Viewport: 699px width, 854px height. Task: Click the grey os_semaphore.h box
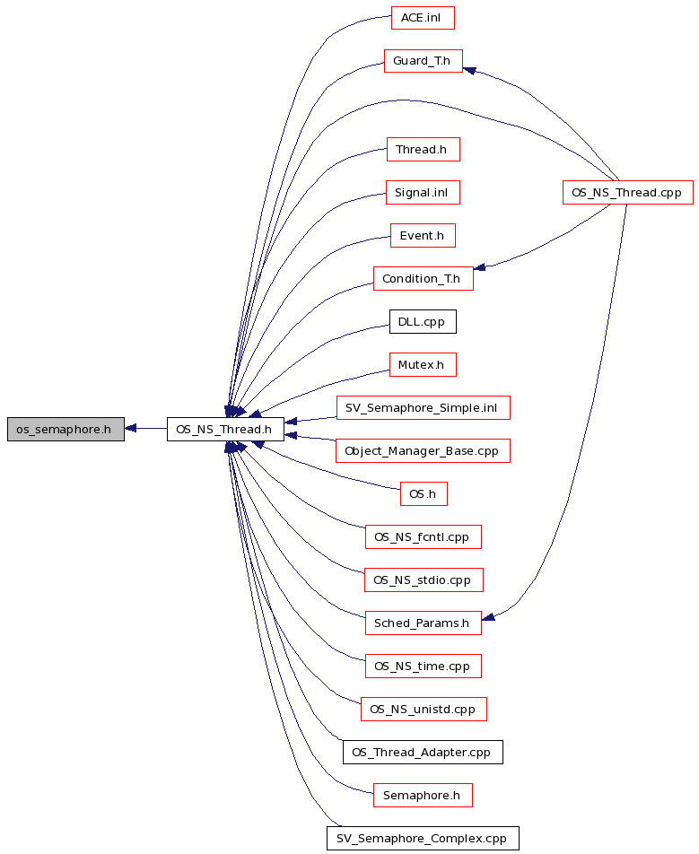[x=66, y=429]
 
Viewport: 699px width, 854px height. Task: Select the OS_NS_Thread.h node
[x=225, y=429]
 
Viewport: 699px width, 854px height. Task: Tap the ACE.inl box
[x=423, y=18]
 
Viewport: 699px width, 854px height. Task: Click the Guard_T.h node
[x=424, y=61]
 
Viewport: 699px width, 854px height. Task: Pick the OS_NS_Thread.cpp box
[x=627, y=193]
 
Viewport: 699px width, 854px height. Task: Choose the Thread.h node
[x=424, y=150]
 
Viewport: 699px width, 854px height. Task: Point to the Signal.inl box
[x=423, y=193]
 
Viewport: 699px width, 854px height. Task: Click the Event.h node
[x=423, y=236]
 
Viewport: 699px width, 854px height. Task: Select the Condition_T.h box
[x=424, y=279]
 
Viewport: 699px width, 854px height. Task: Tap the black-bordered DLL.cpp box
[x=423, y=322]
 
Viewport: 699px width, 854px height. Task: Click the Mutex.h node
[x=423, y=365]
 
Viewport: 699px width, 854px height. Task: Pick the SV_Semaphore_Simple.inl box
[x=424, y=408]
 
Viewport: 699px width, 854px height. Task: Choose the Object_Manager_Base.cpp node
[x=424, y=451]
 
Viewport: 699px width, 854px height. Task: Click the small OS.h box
[x=424, y=494]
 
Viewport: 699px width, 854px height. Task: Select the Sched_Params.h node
[x=424, y=623]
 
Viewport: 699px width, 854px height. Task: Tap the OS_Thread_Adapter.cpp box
[x=423, y=752]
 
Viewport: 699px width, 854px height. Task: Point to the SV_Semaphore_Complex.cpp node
[x=423, y=838]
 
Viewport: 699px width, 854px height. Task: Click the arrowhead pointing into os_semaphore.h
[x=130, y=429]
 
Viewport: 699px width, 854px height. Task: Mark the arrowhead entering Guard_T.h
[x=469, y=70]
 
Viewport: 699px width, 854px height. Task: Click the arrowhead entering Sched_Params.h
[x=488, y=617]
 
